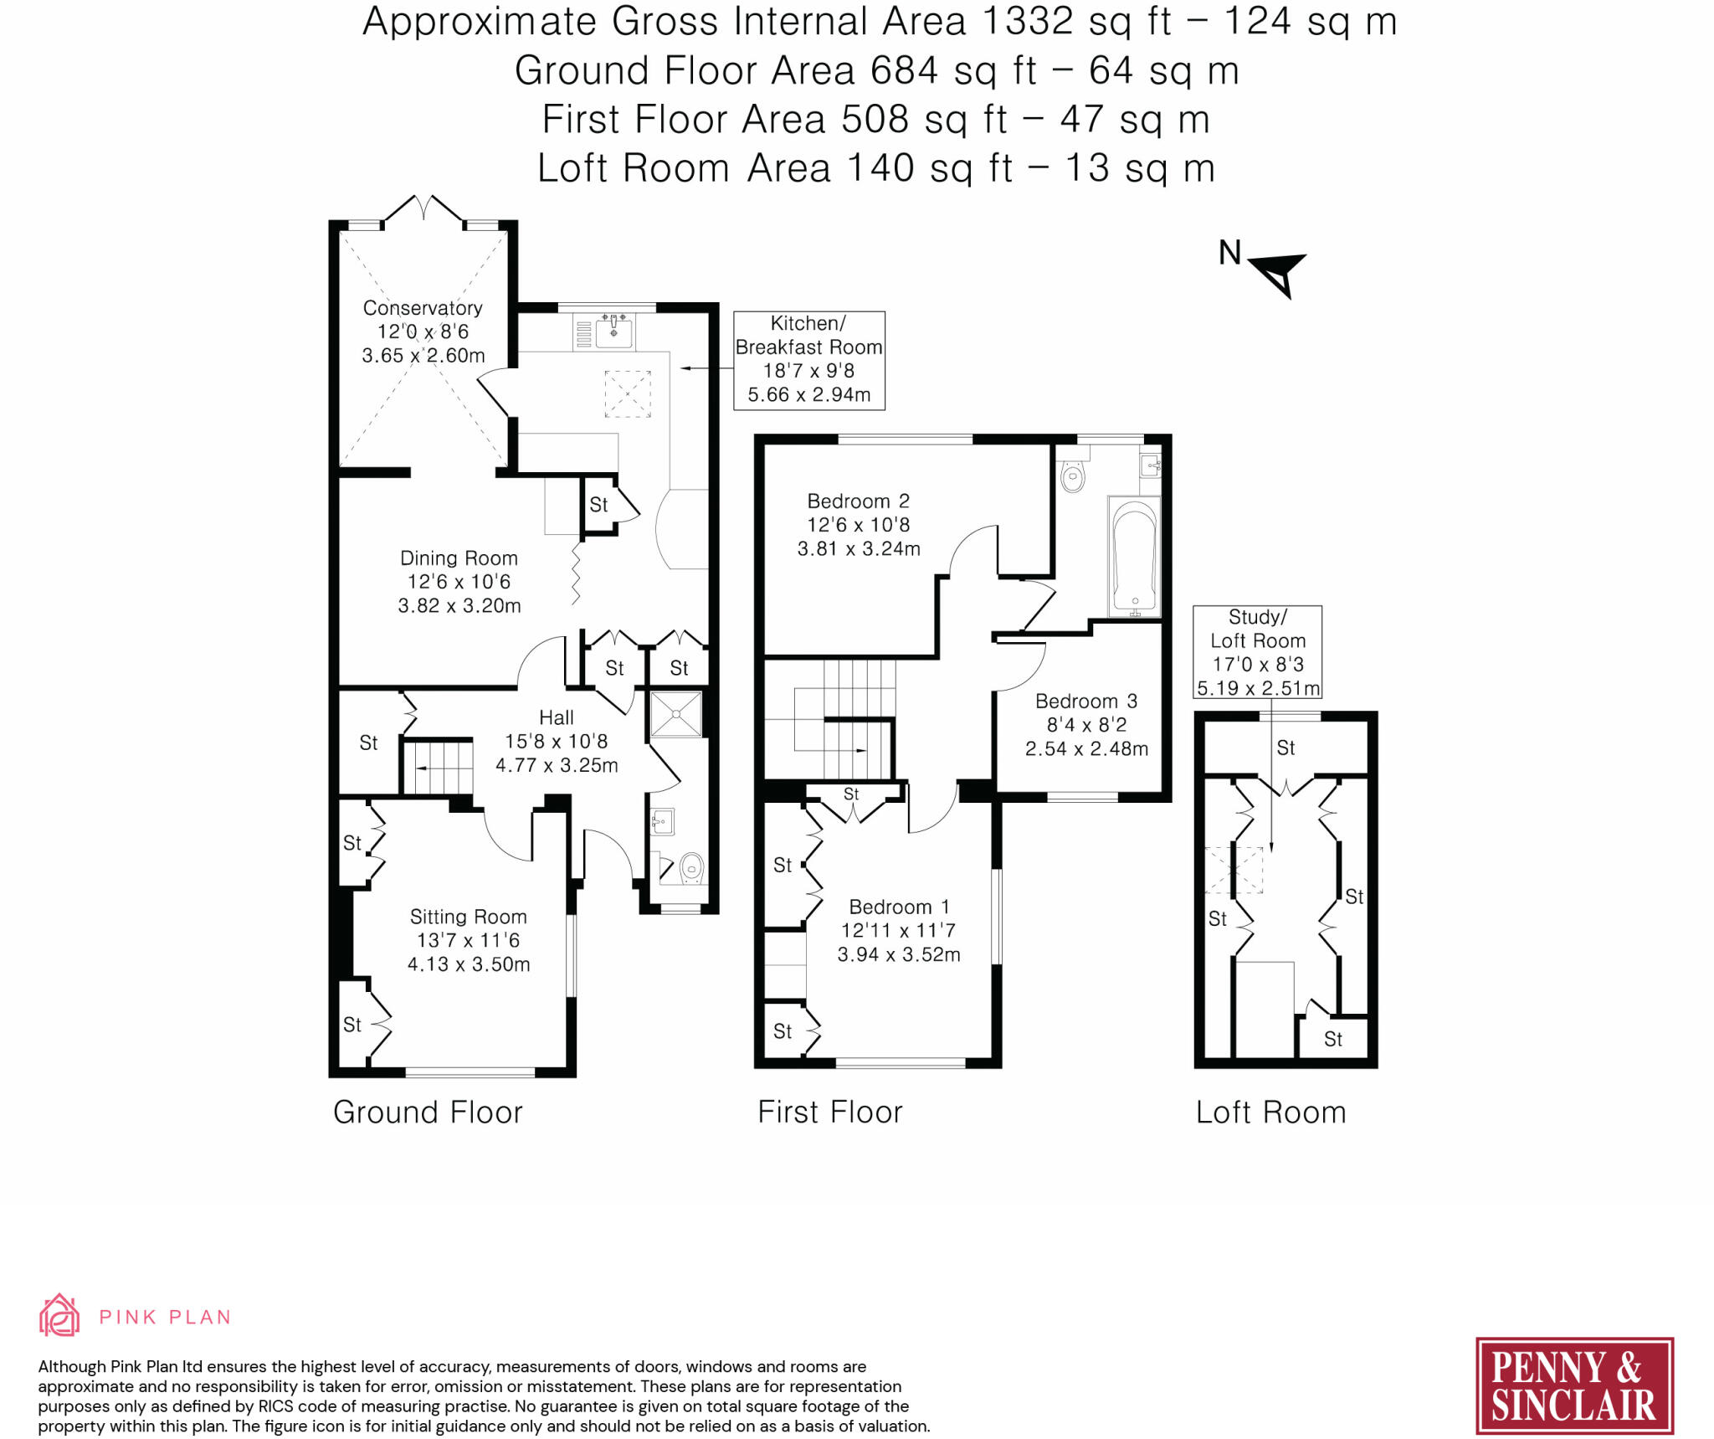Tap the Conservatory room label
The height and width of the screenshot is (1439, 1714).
423,308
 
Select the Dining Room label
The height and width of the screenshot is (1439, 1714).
459,558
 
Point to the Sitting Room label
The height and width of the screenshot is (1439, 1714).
468,917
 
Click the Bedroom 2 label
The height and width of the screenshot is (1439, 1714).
858,501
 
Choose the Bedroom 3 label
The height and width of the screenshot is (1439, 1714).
1086,702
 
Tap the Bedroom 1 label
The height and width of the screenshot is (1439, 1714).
899,907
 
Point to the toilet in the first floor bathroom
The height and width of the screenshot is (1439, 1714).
1072,473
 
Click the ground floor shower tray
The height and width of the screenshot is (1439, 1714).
676,714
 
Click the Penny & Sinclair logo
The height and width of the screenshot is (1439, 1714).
1574,1386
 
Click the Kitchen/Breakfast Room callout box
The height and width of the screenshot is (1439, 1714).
809,361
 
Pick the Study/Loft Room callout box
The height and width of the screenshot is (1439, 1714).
1258,652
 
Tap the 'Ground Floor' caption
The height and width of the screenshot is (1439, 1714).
428,1113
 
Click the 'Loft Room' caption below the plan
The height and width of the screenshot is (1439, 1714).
1271,1113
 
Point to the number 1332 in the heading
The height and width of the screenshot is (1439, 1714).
1027,21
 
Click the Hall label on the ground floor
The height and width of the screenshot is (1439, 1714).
557,717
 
